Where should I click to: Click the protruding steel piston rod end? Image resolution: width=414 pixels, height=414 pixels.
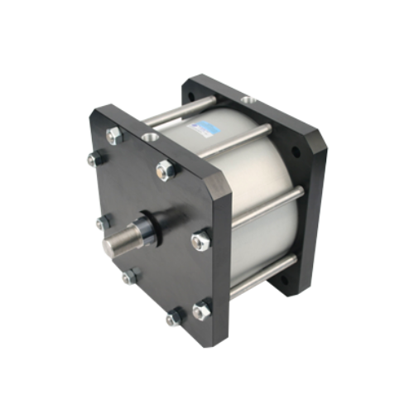click(118, 245)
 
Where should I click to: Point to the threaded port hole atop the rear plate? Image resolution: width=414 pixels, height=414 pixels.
click(248, 101)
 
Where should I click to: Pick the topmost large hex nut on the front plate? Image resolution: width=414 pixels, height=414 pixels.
click(113, 136)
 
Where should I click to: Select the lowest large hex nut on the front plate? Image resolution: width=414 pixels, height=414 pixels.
click(201, 310)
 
